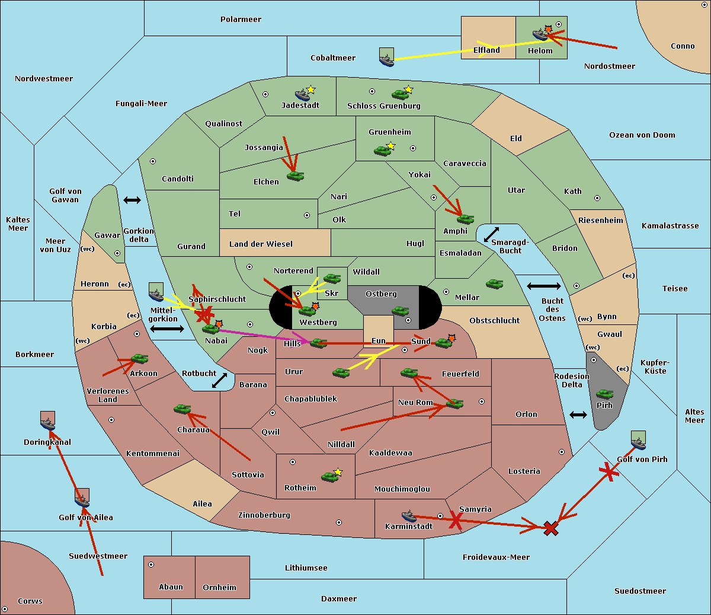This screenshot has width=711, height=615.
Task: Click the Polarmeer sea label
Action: [241, 20]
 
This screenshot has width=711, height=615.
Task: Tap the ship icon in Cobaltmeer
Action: [386, 59]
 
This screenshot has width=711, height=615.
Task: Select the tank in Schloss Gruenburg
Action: [400, 94]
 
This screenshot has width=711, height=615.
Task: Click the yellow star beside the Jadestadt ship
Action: [311, 90]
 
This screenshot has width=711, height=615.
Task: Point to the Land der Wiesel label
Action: [261, 244]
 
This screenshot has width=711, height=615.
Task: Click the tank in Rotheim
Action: [330, 476]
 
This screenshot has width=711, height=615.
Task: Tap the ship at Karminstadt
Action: [409, 515]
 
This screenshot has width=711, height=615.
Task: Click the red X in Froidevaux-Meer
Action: [551, 528]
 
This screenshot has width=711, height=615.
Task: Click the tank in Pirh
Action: [604, 394]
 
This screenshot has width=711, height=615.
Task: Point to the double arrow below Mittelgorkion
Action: [166, 329]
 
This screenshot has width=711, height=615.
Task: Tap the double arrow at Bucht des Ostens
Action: [543, 286]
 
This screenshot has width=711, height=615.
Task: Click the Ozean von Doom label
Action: [642, 135]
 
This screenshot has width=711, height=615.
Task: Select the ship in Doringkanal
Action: [48, 423]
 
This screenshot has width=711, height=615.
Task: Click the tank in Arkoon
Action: [139, 359]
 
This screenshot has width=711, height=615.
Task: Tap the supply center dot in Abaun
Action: [151, 565]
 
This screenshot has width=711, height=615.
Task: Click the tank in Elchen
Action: [295, 176]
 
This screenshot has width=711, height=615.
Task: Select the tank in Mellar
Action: [494, 284]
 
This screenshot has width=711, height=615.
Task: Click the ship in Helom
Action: [539, 34]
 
